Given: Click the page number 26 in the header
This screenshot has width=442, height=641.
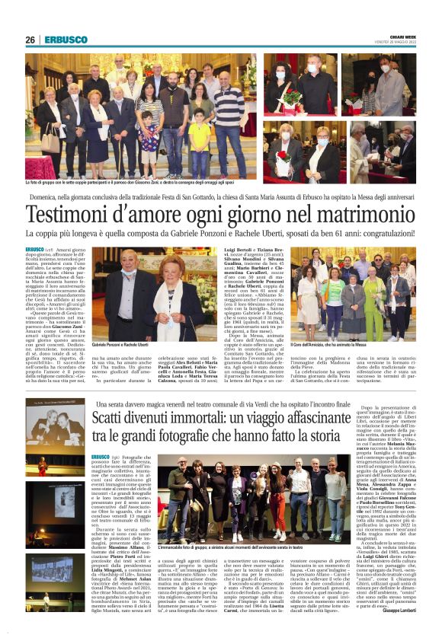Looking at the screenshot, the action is (30, 40).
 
